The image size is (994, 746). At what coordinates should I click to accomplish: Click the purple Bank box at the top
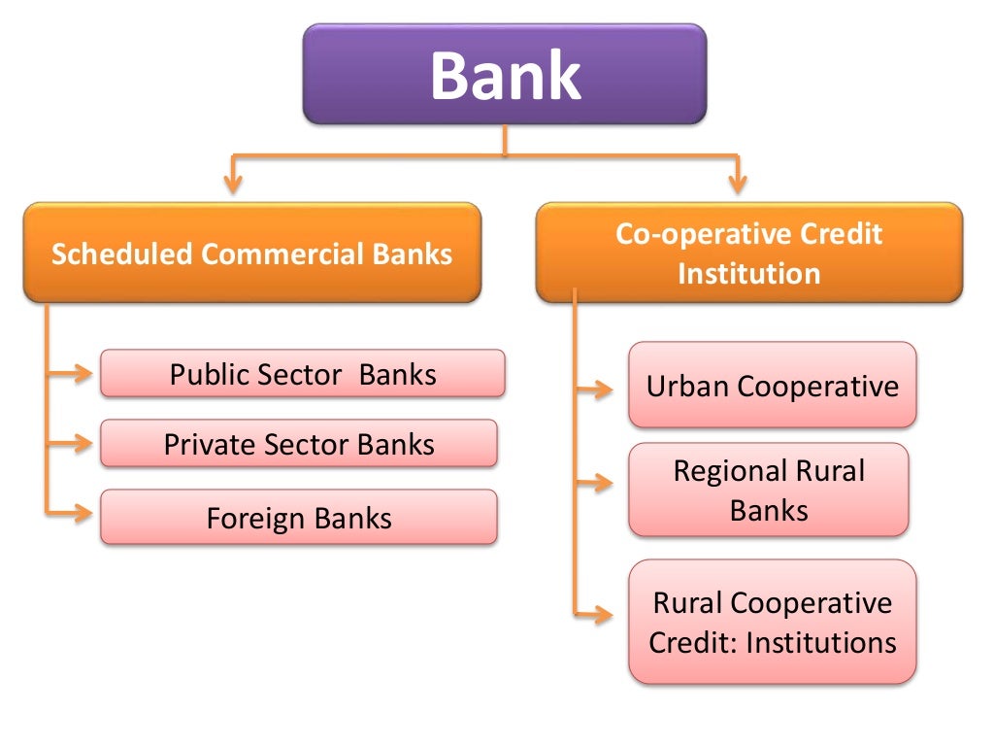505,75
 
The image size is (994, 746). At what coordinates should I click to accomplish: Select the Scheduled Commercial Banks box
251,254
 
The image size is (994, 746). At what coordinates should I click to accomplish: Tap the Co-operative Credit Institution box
748,254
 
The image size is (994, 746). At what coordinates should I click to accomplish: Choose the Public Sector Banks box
302,374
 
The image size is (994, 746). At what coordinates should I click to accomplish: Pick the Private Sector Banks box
299,444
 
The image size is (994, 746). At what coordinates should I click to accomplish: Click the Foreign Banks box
299,517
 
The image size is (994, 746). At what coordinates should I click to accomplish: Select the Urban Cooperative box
772,386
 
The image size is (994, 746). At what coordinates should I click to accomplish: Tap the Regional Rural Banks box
769,490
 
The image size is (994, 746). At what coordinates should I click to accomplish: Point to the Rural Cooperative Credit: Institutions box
772,622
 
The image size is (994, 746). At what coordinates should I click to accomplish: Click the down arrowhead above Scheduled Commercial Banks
231,182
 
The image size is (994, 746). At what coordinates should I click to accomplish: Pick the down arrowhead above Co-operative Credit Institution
739,182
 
